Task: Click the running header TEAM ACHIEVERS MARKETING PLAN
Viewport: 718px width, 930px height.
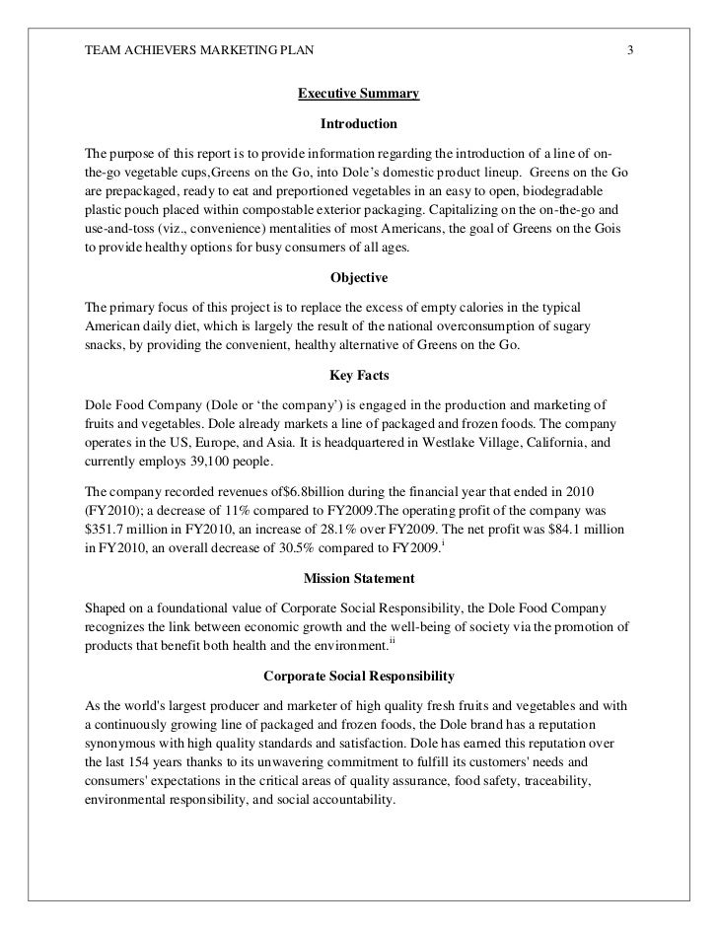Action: (x=197, y=50)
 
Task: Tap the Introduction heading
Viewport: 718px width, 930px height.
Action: (x=358, y=125)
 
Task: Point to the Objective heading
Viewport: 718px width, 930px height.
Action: (x=358, y=279)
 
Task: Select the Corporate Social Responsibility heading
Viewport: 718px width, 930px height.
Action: (x=358, y=678)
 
